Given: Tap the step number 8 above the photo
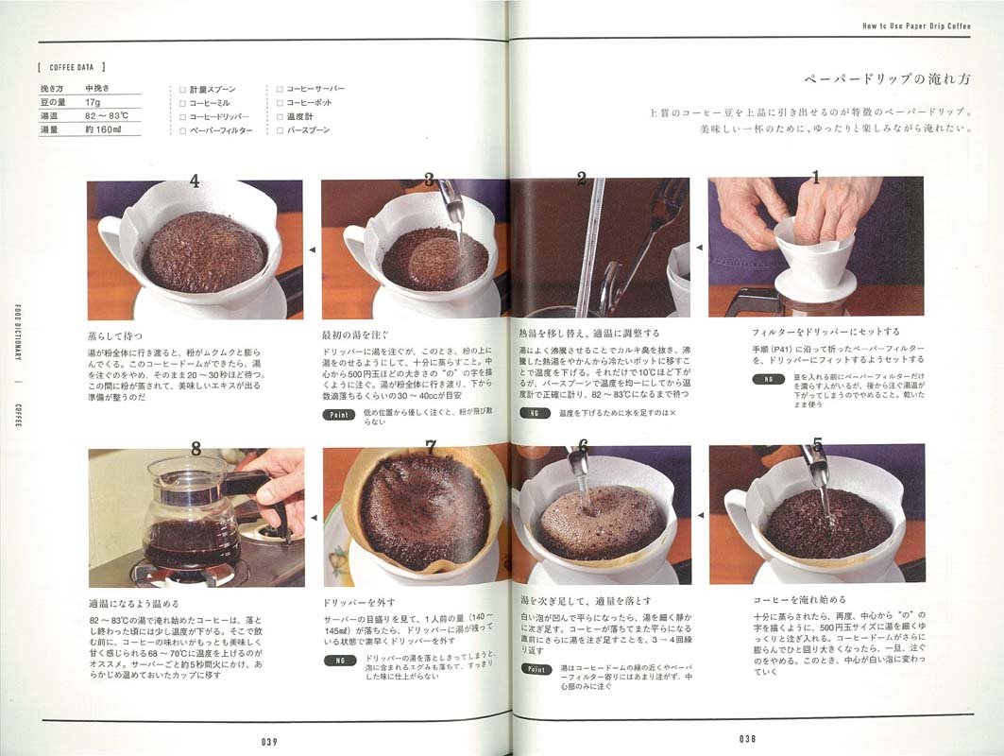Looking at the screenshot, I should click(x=196, y=449).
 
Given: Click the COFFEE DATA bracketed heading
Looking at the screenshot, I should click(x=71, y=67).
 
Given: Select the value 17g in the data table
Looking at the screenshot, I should click(x=93, y=101).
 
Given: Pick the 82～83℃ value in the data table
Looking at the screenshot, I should click(x=106, y=115).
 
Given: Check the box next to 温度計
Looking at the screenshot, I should click(x=280, y=116).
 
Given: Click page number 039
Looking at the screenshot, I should click(x=269, y=742).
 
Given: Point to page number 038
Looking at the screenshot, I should click(x=748, y=739).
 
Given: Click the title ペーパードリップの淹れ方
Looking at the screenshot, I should click(x=888, y=79).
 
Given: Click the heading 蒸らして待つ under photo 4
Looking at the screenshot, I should click(x=114, y=335).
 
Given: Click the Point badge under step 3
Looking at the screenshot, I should click(x=337, y=414).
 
